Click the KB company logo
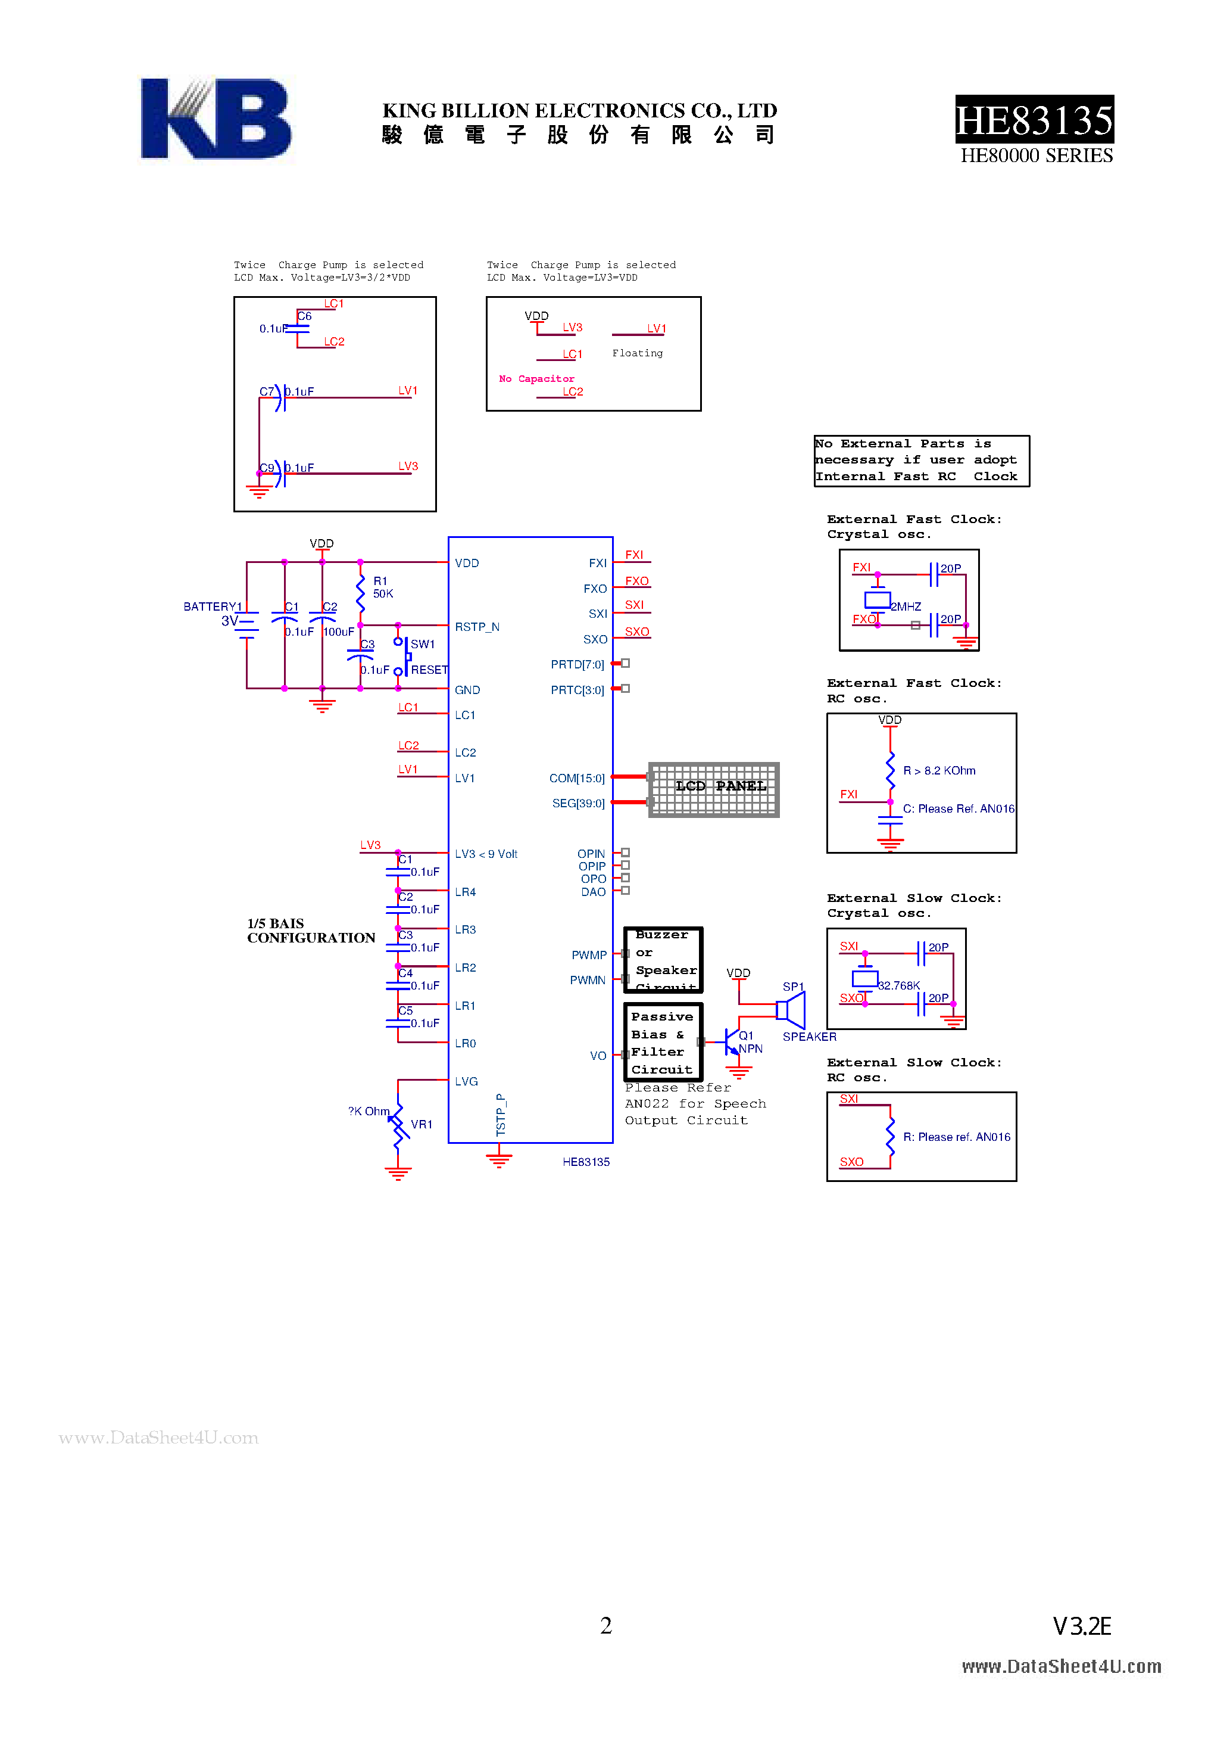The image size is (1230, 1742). coord(216,119)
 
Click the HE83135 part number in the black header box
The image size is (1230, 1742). coord(1034,120)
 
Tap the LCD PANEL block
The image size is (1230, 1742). coord(714,789)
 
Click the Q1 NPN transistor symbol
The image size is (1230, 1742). coord(732,1042)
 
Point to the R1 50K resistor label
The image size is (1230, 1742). coord(382,587)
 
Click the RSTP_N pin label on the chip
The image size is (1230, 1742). coord(477,627)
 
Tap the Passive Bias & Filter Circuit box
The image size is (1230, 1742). coord(663,1043)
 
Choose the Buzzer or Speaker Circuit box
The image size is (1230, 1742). coord(663,960)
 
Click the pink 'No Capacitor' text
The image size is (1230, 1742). coord(536,378)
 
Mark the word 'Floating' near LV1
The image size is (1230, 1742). coord(637,353)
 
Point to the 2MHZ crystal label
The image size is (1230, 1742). coord(906,606)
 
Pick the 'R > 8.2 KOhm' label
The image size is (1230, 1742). coord(939,770)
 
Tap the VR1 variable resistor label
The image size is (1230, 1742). coord(421,1124)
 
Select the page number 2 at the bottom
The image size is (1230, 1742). coord(606,1625)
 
